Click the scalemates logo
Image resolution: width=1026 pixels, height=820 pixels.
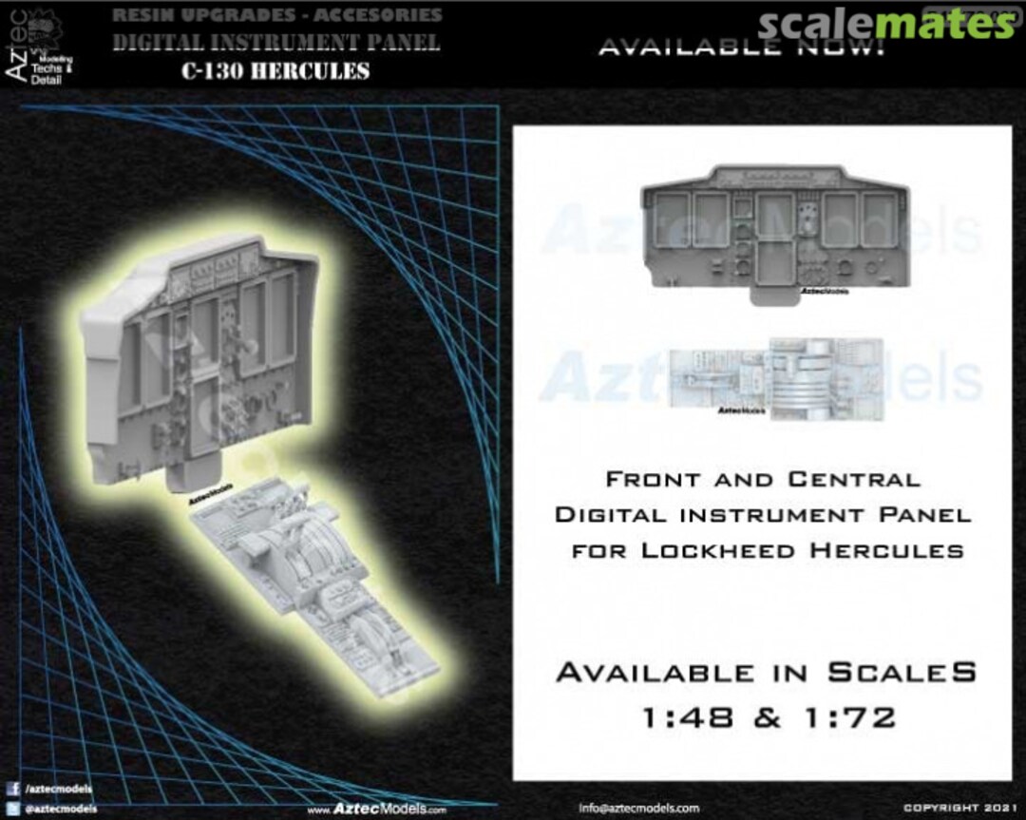pos(888,24)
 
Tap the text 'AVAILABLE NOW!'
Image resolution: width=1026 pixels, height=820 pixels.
pos(740,47)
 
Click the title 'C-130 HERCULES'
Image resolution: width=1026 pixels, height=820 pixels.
pos(275,71)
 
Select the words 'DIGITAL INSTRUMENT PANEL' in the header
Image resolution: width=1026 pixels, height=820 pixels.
pos(275,44)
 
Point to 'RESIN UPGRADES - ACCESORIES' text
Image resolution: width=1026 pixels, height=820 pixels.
pos(276,15)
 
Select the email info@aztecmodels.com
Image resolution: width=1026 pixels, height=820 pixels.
pos(638,808)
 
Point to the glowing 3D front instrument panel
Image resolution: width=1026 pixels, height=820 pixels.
pos(204,361)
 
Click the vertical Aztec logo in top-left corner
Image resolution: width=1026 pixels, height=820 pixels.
pos(24,48)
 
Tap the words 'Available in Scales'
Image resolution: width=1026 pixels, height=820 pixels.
pos(766,672)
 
